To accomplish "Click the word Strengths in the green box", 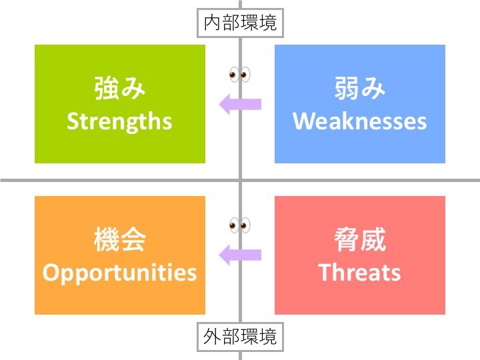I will [120, 121].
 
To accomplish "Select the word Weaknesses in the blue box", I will [359, 121].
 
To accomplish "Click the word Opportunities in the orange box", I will [120, 273].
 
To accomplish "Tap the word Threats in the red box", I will [359, 273].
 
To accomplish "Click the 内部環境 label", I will [240, 24].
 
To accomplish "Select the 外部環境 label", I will [240, 337].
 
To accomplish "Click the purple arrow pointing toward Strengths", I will [241, 104].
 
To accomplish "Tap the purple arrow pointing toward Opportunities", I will [241, 255].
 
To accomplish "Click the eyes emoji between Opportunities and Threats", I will [239, 225].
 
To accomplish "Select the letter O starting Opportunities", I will [50, 273].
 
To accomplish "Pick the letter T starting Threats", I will [325, 273].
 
